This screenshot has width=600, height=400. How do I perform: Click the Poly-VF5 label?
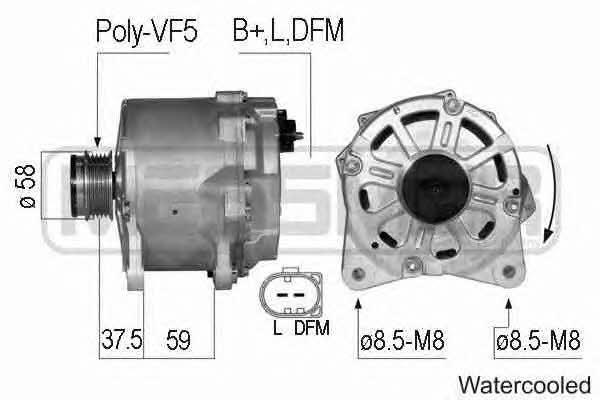(x=147, y=31)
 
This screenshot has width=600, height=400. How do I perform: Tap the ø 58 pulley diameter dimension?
(x=28, y=186)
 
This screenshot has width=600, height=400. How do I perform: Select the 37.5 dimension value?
(x=122, y=340)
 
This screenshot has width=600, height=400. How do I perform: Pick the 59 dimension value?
(x=178, y=340)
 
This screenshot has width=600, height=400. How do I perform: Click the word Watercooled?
(x=525, y=385)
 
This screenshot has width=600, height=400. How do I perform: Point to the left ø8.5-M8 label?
(x=403, y=340)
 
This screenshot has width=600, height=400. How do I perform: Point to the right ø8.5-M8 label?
(x=538, y=340)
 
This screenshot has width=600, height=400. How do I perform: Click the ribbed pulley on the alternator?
(x=92, y=185)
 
